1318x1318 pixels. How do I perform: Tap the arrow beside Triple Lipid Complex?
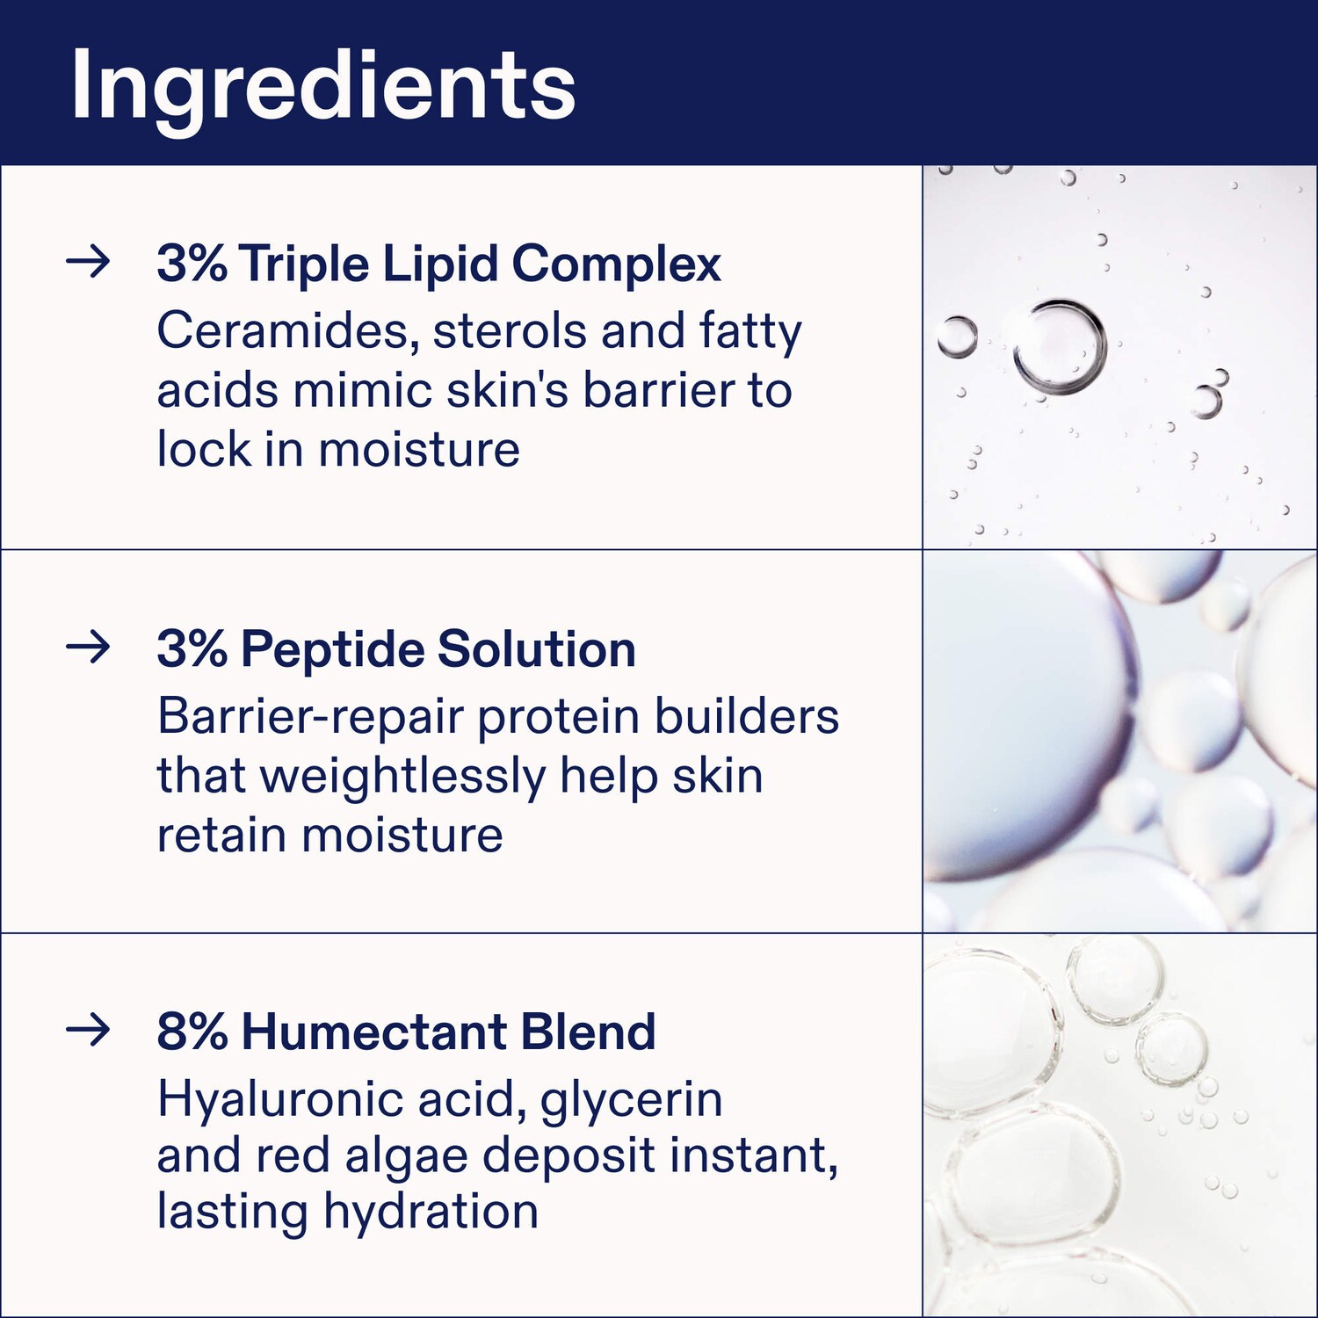(x=88, y=261)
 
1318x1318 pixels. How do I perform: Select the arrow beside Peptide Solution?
(x=88, y=648)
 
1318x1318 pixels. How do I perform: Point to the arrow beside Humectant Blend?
(x=88, y=1030)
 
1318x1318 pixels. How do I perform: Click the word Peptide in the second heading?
(x=333, y=649)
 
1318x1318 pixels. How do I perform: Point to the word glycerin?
(x=631, y=1099)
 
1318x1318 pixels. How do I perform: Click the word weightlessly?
(x=403, y=776)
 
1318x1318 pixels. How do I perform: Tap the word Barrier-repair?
(x=310, y=717)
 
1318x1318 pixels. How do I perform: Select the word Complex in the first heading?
(x=617, y=264)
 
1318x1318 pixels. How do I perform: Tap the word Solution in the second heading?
(x=537, y=649)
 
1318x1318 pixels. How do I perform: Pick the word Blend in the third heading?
(x=588, y=1032)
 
